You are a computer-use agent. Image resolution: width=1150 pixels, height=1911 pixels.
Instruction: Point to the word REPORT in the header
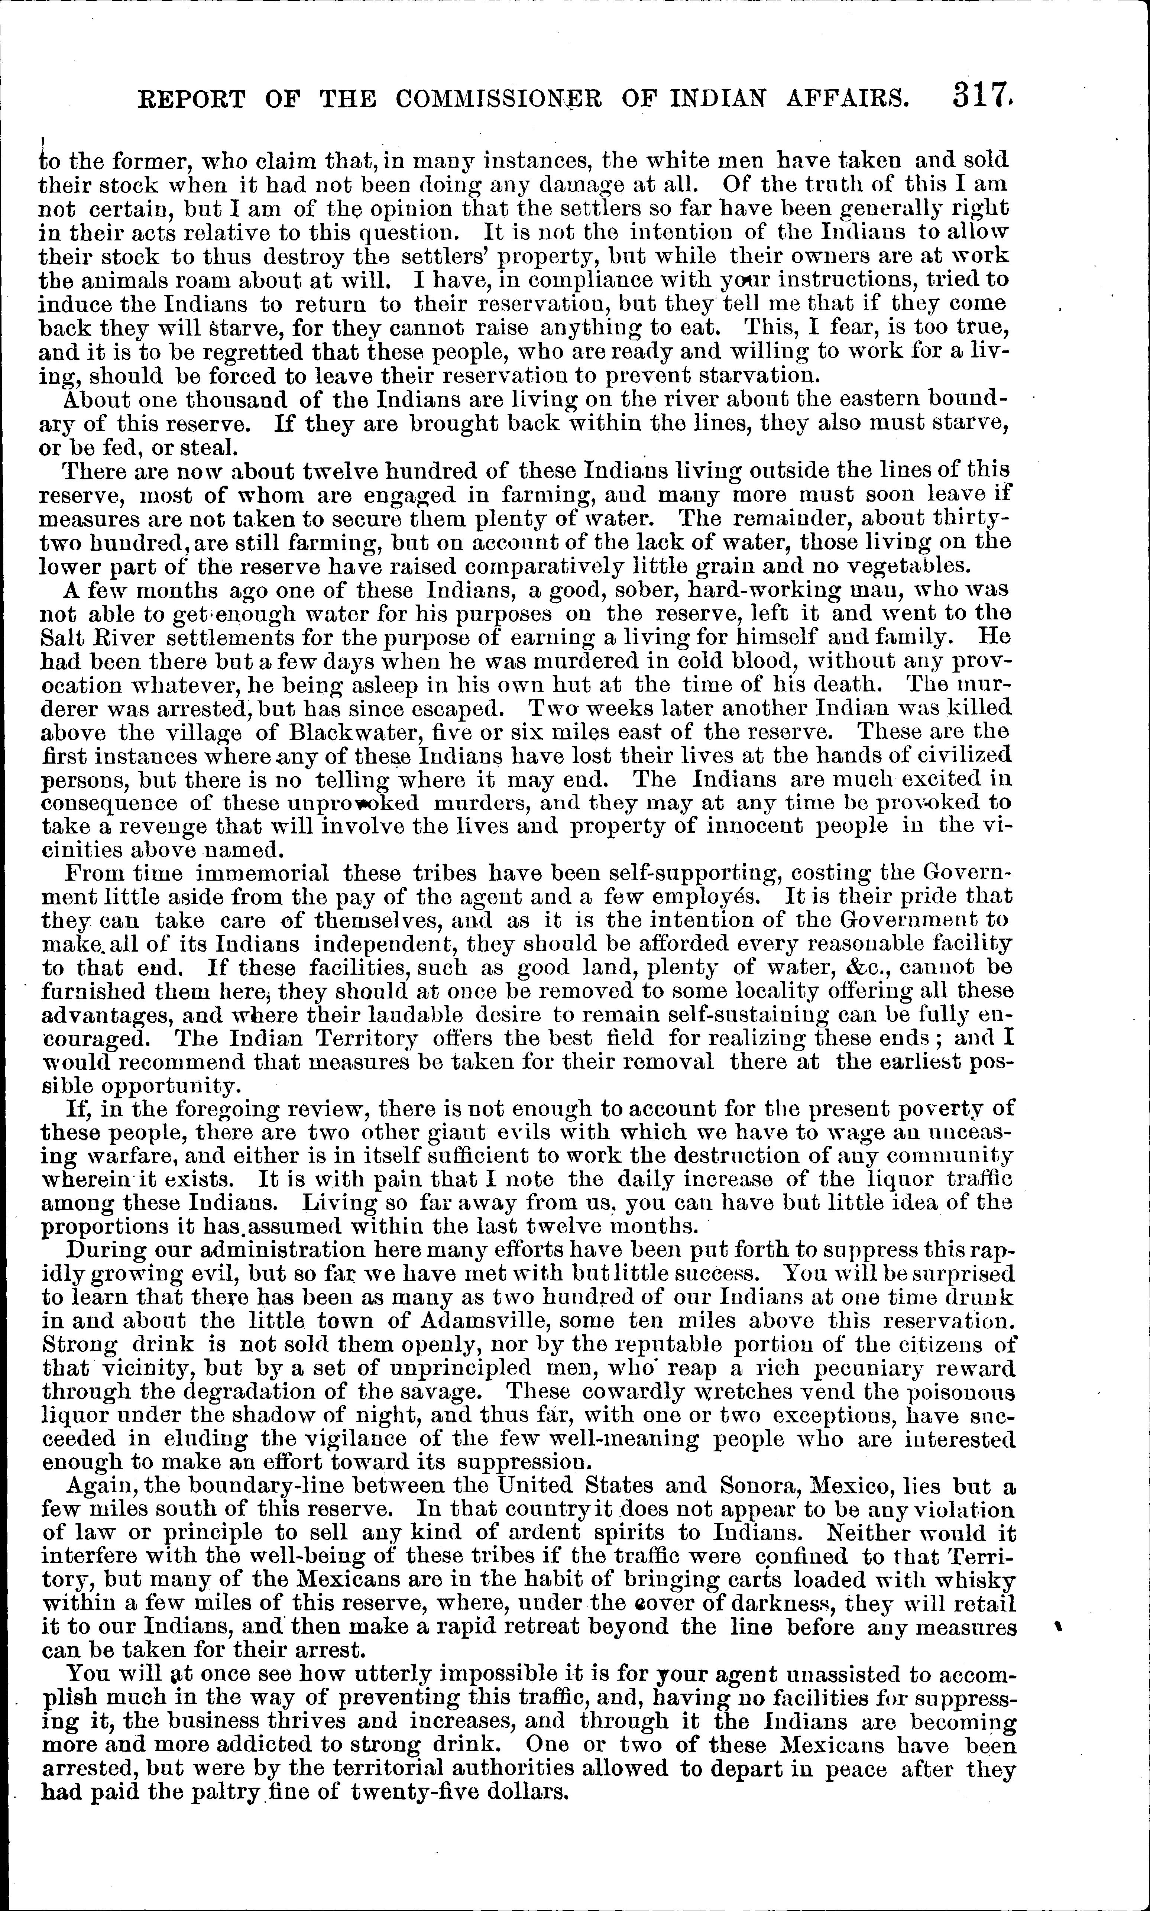coord(191,99)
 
